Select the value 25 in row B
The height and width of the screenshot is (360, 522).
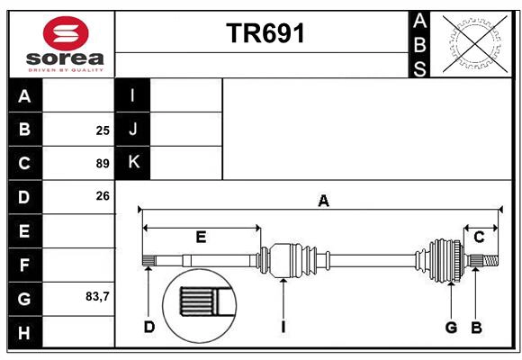[x=103, y=130]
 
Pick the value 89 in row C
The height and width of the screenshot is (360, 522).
[x=103, y=164]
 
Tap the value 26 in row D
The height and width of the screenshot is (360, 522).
[x=103, y=196]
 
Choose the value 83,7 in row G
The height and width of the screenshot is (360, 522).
[x=97, y=296]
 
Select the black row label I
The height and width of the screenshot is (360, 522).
[x=132, y=95]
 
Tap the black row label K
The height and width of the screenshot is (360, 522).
[x=132, y=163]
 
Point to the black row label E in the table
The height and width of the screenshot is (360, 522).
[x=24, y=230]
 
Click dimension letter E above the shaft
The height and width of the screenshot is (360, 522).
[x=201, y=237]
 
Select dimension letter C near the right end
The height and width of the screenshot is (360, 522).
[x=479, y=237]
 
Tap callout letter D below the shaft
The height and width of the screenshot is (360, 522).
[x=149, y=327]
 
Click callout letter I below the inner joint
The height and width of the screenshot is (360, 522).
[x=283, y=327]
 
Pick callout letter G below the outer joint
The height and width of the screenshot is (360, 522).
[x=451, y=327]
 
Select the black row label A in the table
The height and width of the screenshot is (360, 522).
[x=24, y=96]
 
